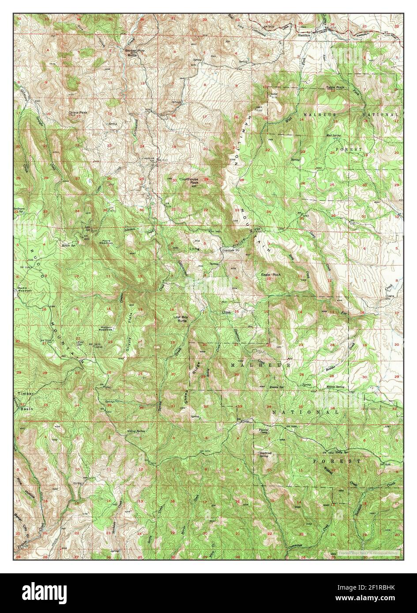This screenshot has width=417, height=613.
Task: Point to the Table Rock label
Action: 334,87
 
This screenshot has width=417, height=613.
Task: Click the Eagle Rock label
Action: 270,275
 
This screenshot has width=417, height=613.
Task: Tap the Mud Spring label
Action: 334,136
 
